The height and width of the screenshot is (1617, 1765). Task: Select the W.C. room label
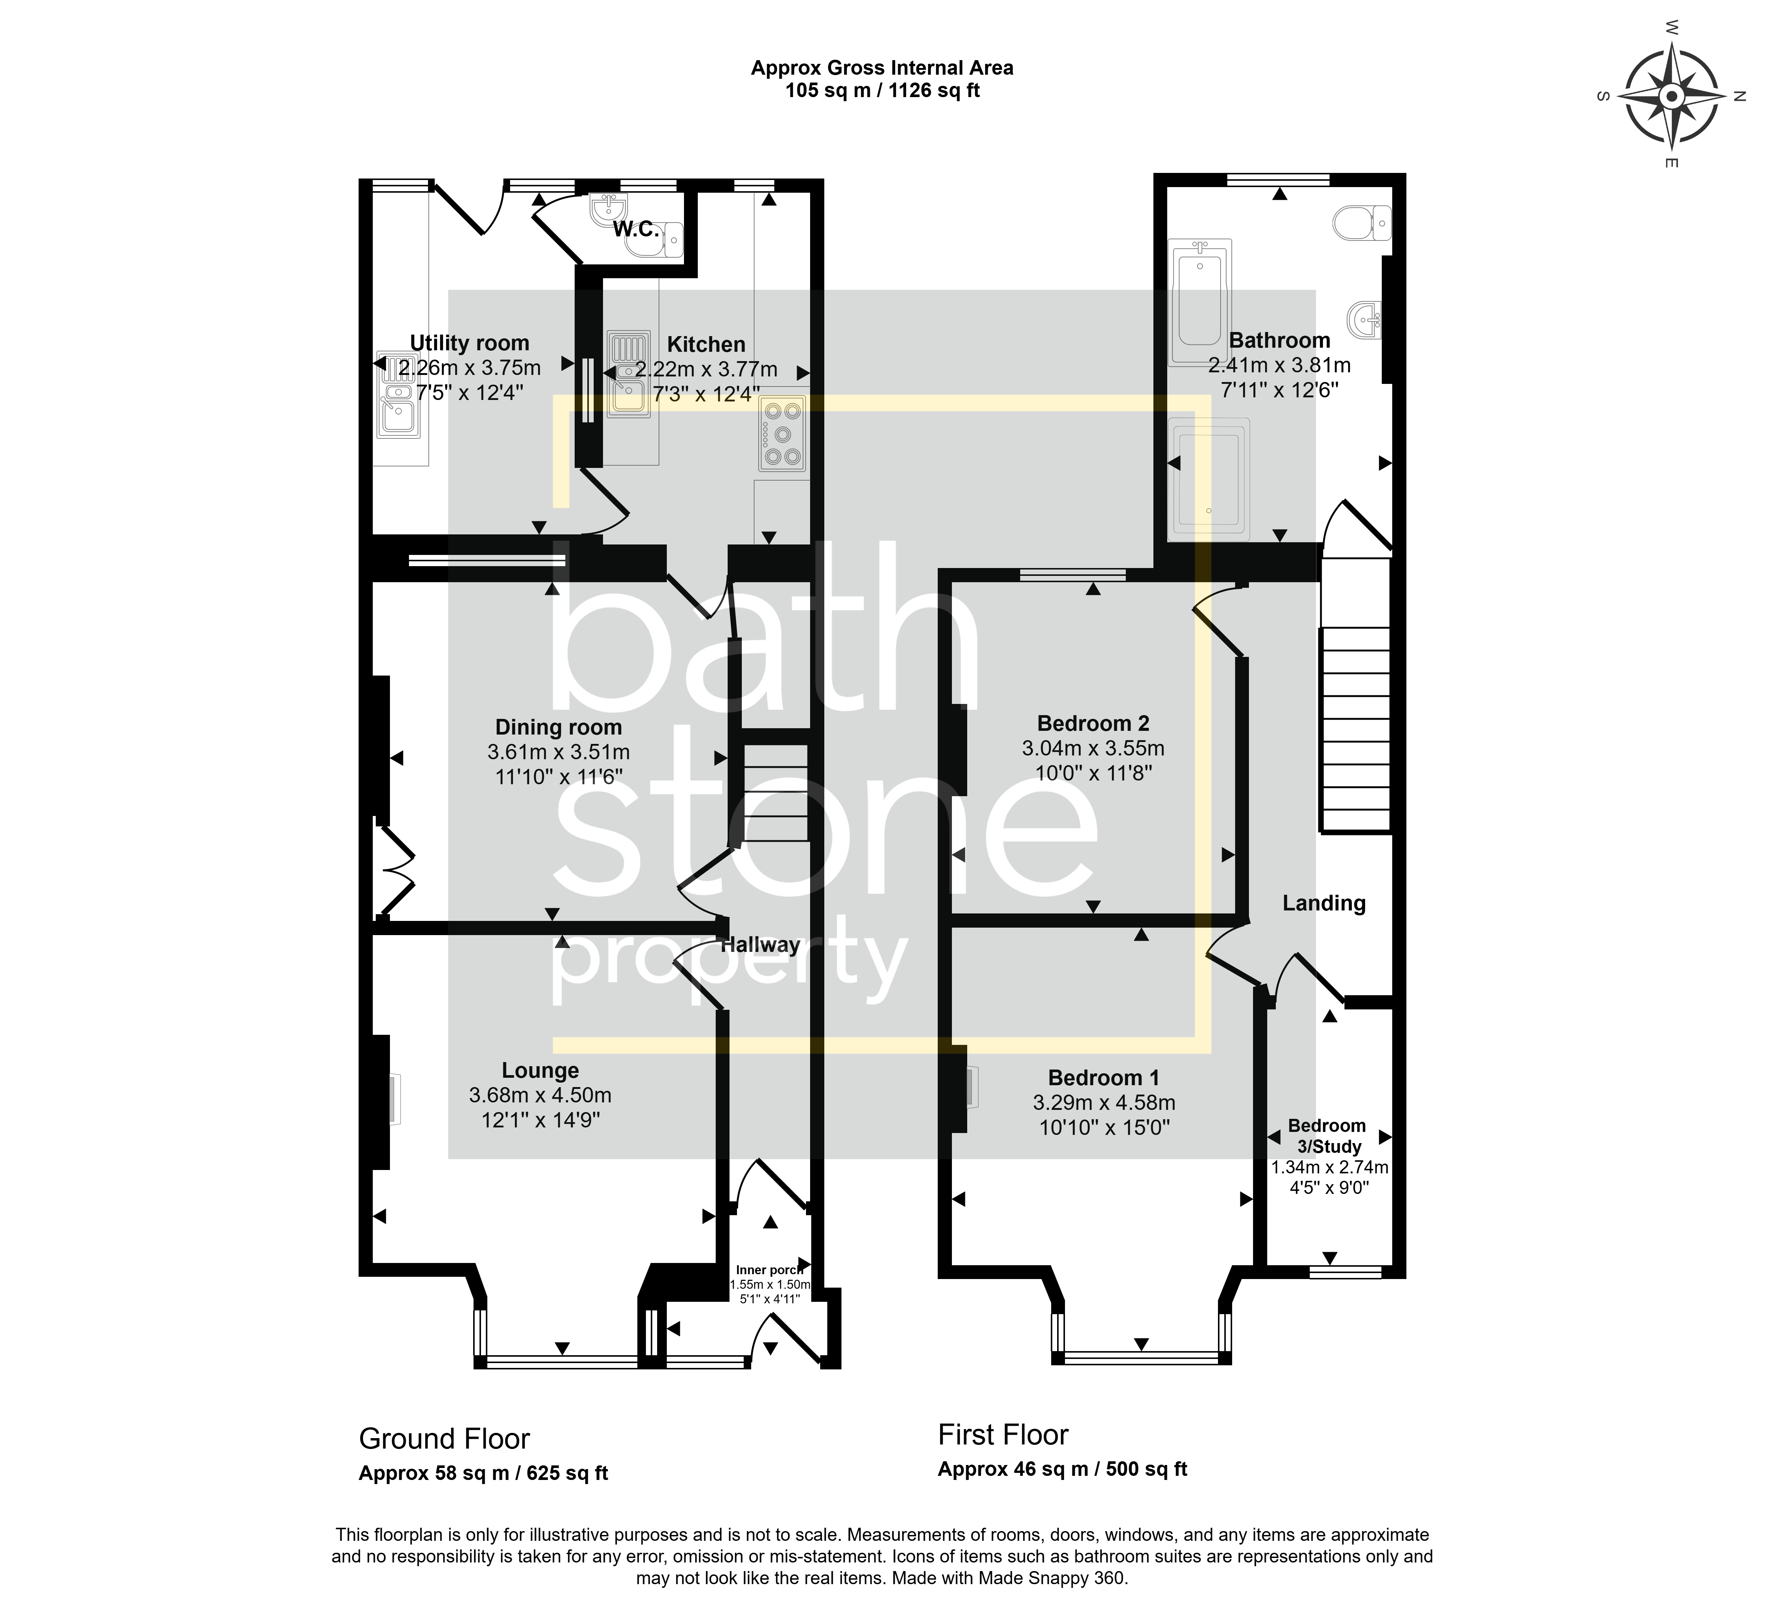click(x=637, y=230)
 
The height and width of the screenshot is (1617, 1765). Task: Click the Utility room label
click(x=470, y=343)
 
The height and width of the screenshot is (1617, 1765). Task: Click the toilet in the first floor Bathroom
click(x=1362, y=223)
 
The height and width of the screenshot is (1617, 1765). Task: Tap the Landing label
click(x=1324, y=903)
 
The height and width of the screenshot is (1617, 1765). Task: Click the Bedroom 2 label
click(x=1093, y=723)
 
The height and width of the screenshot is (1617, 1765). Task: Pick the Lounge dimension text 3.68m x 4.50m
click(x=540, y=1095)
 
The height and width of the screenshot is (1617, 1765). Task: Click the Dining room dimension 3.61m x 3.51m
click(x=559, y=752)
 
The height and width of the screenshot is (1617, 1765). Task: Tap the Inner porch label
click(x=769, y=1270)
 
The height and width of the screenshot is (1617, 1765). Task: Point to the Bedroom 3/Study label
click(x=1327, y=1136)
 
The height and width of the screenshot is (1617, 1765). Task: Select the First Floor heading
click(x=1003, y=1435)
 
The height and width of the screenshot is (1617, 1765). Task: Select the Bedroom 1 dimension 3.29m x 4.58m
click(x=1104, y=1103)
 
